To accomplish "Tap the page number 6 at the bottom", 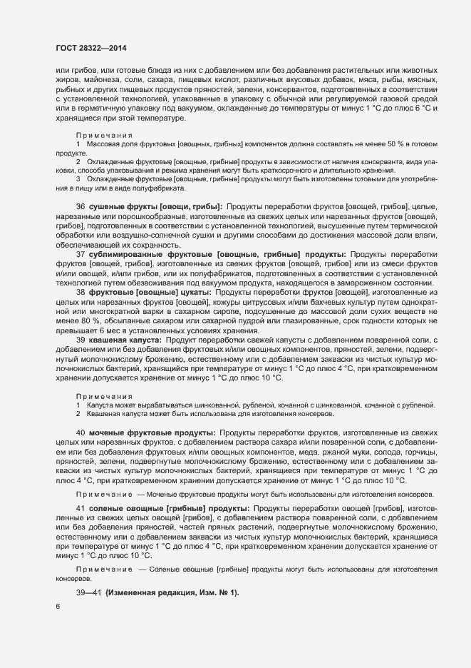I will click(x=58, y=607).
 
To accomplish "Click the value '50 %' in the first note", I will click(x=388, y=145).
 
